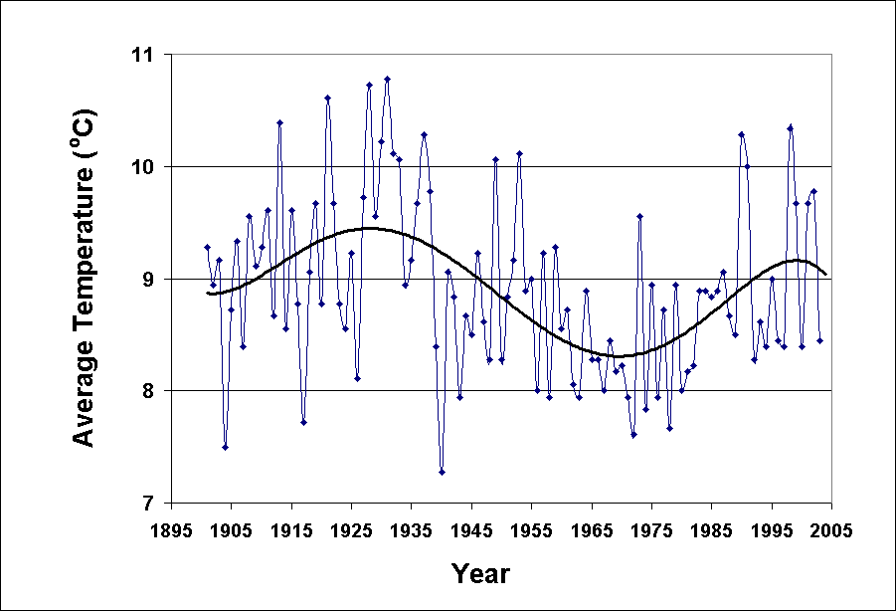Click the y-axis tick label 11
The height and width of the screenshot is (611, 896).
(x=146, y=55)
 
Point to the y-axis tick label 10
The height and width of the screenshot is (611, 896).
(x=146, y=166)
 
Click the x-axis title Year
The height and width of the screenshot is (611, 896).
(x=480, y=574)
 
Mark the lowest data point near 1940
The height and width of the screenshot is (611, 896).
(x=442, y=472)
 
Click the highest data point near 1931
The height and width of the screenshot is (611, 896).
(x=387, y=79)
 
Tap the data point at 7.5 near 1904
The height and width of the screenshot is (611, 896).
(x=225, y=447)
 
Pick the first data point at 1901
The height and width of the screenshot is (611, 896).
(x=207, y=247)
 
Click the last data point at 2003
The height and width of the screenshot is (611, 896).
(x=819, y=340)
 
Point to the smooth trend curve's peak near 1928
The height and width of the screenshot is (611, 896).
(x=369, y=228)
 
